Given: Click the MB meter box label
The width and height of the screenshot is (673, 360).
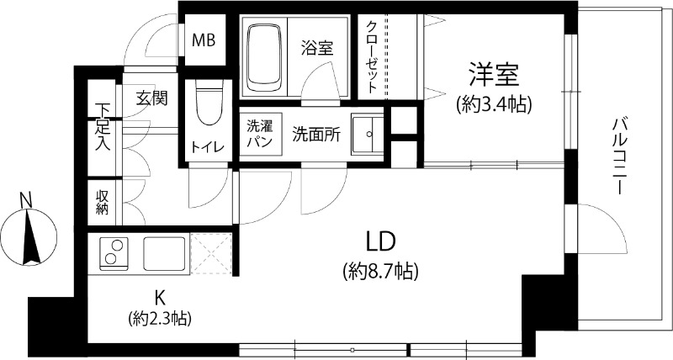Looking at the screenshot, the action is pyautogui.click(x=204, y=40).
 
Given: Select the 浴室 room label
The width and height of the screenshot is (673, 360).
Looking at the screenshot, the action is pyautogui.click(x=317, y=48).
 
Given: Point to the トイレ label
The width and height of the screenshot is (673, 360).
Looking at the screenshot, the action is pyautogui.click(x=207, y=147).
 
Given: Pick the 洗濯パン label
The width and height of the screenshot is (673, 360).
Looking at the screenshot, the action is pyautogui.click(x=260, y=134).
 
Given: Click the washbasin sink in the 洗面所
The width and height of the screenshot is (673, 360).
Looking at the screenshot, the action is pyautogui.click(x=367, y=135).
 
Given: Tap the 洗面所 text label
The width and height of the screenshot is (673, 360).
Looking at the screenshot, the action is pyautogui.click(x=317, y=135).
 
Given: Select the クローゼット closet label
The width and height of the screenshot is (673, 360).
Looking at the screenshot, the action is pyautogui.click(x=371, y=57).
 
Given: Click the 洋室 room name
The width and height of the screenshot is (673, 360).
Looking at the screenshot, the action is pyautogui.click(x=494, y=74).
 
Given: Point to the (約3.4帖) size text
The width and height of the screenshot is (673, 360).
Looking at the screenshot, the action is pyautogui.click(x=494, y=103).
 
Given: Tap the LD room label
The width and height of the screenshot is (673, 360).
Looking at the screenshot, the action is pyautogui.click(x=380, y=242).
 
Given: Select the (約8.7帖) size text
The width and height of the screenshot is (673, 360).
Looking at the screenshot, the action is pyautogui.click(x=380, y=271).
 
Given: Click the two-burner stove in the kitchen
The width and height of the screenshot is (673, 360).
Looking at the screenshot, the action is pyautogui.click(x=114, y=253).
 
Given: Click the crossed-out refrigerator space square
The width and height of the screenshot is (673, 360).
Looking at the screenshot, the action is pyautogui.click(x=211, y=253).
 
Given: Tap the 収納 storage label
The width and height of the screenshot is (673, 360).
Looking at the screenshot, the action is pyautogui.click(x=102, y=202).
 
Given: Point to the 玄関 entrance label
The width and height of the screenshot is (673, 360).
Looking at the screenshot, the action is pyautogui.click(x=151, y=99).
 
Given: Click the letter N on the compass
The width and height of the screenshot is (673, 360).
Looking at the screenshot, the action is pyautogui.click(x=27, y=199).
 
